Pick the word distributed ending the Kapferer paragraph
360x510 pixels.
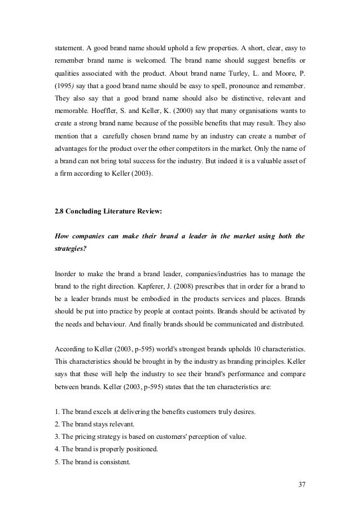(286, 324)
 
